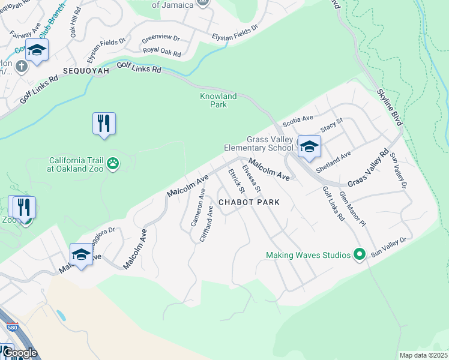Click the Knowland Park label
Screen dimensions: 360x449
(x=218, y=100)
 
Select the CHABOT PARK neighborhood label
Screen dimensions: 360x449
(x=249, y=203)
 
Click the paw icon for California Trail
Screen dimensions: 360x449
(x=113, y=163)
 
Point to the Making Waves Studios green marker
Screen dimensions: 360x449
(x=360, y=255)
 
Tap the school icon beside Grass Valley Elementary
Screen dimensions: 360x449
(x=309, y=146)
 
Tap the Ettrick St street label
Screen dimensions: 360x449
(x=236, y=181)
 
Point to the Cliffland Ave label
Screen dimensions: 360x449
(x=205, y=223)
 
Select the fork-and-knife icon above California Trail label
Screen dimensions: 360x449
(x=104, y=124)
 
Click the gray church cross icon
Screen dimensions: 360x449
(x=22, y=65)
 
